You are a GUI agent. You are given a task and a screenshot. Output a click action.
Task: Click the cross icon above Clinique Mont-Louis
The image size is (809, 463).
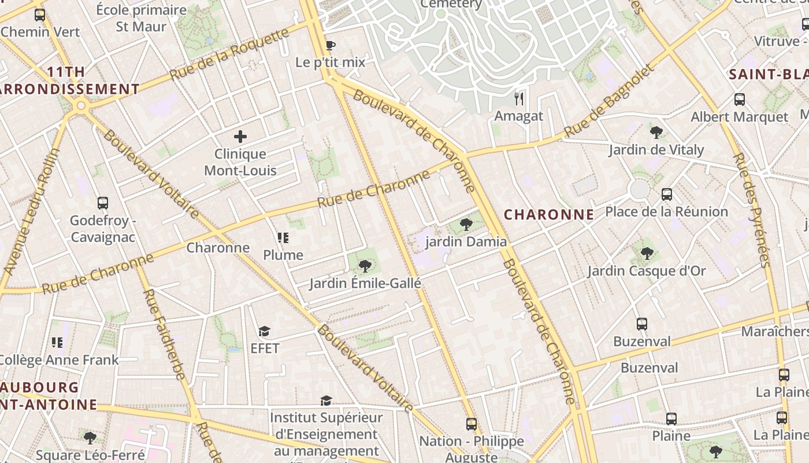point(240,137)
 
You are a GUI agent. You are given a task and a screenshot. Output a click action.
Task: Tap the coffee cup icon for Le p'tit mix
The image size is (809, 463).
point(330,45)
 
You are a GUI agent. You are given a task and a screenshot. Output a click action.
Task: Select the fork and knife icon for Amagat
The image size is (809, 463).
point(519,98)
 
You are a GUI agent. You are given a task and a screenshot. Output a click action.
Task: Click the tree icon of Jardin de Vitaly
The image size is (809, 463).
point(656,133)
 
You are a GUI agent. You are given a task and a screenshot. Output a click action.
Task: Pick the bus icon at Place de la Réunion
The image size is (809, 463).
point(667,194)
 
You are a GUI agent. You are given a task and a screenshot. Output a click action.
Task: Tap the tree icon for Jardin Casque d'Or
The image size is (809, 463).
point(647,253)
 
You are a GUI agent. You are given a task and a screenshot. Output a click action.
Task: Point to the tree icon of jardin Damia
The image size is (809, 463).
point(466,225)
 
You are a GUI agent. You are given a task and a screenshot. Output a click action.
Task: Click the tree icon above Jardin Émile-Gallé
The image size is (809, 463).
point(365,266)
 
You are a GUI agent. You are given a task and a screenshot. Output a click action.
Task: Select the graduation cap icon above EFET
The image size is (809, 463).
point(265,331)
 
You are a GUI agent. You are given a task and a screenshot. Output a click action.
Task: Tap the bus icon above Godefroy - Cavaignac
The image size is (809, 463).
point(103,203)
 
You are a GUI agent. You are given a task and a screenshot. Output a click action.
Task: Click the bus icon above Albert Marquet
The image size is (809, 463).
point(739,100)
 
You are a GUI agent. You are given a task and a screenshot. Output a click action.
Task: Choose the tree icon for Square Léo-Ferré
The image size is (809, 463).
point(90,438)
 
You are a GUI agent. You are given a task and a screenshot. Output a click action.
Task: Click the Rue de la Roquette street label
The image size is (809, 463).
point(229,54)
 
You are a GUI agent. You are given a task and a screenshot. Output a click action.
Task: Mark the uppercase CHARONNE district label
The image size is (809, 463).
point(548,215)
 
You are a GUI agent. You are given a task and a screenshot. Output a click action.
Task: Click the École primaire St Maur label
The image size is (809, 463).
point(142,18)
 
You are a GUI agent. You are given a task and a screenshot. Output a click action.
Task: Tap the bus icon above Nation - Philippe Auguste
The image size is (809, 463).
point(472,424)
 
